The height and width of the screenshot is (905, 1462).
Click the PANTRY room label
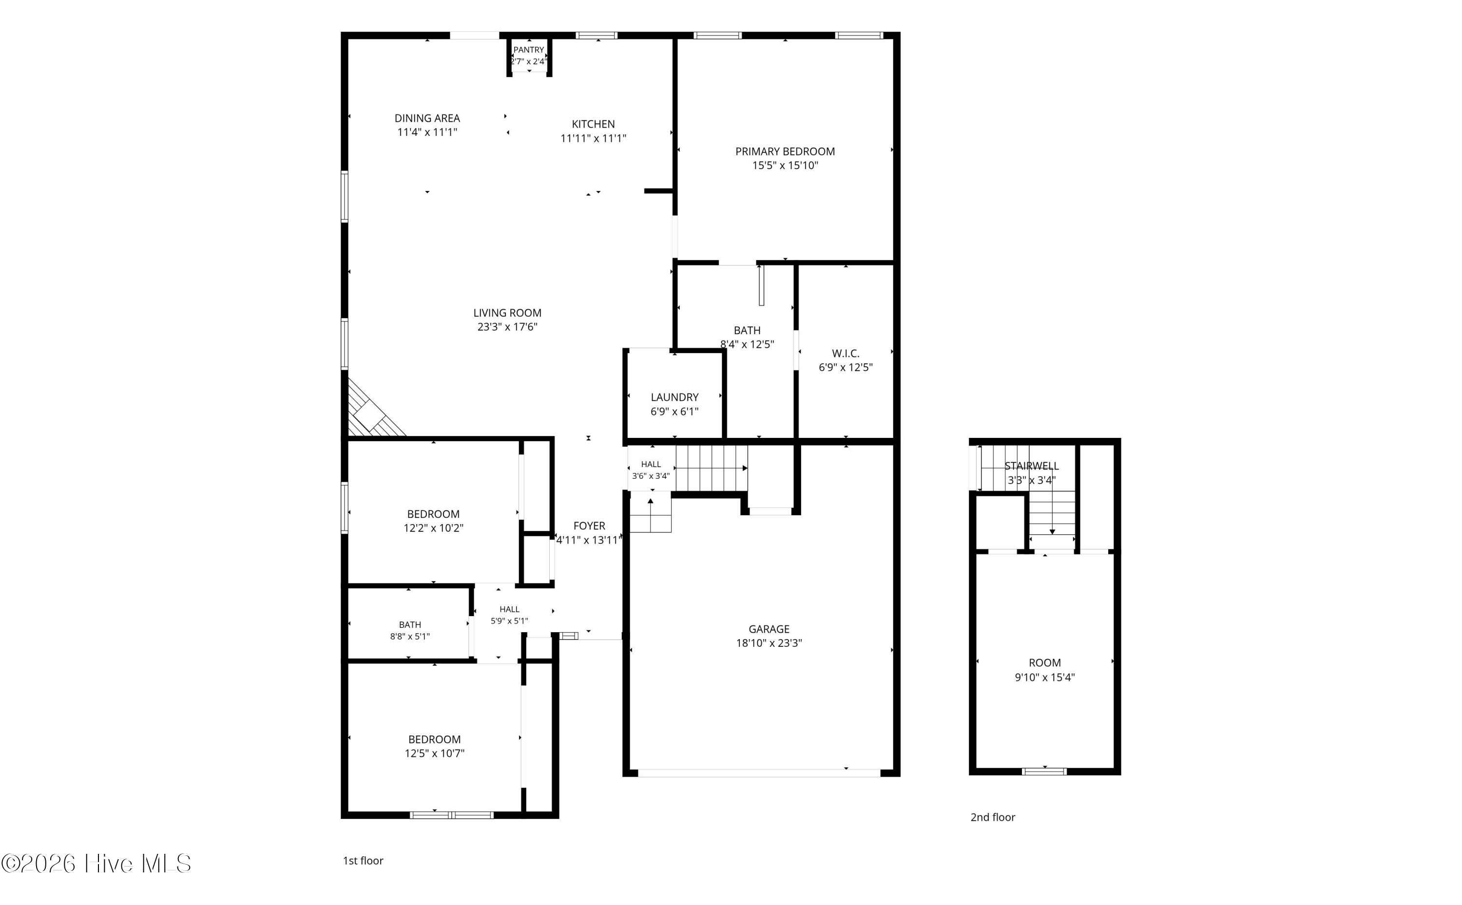(x=529, y=50)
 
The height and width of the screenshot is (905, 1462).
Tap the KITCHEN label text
(x=593, y=124)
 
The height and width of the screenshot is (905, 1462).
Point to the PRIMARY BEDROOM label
(x=785, y=151)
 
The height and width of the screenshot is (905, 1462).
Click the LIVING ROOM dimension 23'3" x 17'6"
(x=507, y=327)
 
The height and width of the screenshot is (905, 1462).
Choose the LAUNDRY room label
(x=675, y=397)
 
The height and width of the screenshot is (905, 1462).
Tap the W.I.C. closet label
(x=846, y=354)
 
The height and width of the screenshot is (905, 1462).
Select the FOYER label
(x=589, y=526)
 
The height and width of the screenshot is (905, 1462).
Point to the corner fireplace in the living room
(x=371, y=410)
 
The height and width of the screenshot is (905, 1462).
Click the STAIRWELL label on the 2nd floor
(x=1032, y=466)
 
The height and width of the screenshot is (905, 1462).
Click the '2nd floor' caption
(x=993, y=817)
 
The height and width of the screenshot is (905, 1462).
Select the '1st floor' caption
(x=363, y=861)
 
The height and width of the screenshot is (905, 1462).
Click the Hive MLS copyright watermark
(x=96, y=863)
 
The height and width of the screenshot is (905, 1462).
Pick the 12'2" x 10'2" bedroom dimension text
(x=433, y=528)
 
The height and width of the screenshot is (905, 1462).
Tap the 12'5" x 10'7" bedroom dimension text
(x=435, y=754)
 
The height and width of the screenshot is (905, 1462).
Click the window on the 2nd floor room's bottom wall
(x=1044, y=771)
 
